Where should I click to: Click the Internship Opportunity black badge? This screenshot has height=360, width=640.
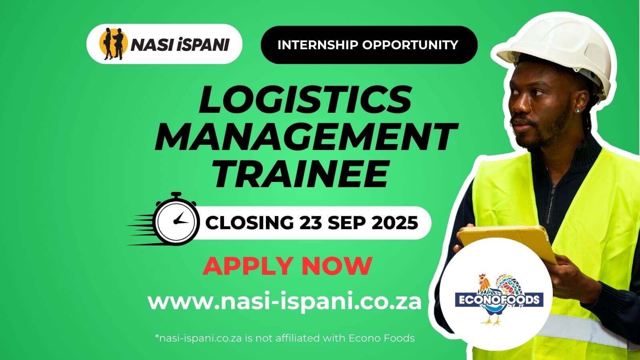[368, 45]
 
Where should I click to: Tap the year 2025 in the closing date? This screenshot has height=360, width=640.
[395, 222]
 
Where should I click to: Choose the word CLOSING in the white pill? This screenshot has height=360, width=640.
[249, 222]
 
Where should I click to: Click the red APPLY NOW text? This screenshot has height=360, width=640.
[287, 266]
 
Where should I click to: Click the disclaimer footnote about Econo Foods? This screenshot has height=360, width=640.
[284, 338]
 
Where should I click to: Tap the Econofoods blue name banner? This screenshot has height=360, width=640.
[499, 300]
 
